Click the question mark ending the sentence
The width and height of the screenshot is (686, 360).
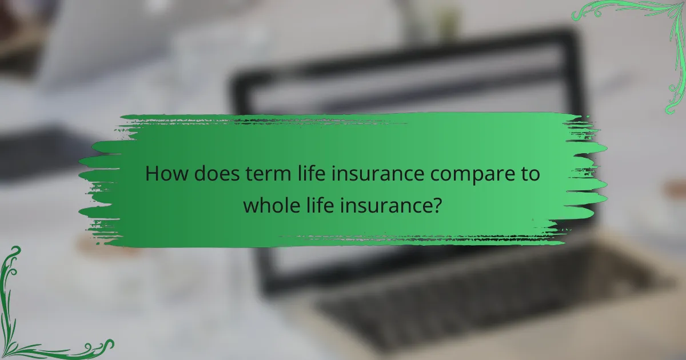(437, 204)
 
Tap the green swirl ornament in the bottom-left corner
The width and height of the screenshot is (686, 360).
(34, 320)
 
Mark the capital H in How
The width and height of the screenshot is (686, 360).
(151, 174)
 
